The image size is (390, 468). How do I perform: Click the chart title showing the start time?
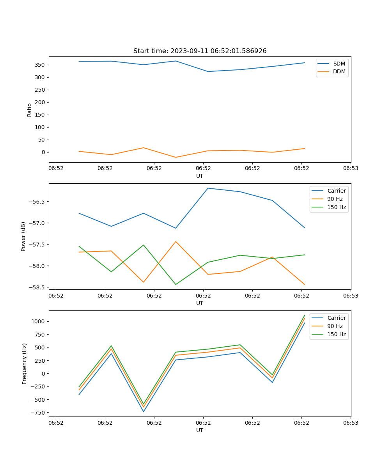(x=200, y=51)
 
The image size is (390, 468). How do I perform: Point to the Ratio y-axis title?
(x=30, y=110)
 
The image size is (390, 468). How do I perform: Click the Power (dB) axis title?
(x=23, y=236)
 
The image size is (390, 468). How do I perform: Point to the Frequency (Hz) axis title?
(x=25, y=363)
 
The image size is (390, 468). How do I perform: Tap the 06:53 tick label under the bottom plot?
(x=350, y=422)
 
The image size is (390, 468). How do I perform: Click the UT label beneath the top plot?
(x=200, y=176)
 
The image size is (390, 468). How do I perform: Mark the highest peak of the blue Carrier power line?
(x=208, y=188)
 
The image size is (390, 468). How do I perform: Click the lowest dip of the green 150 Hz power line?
(x=176, y=284)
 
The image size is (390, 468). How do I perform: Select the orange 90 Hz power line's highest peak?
(x=176, y=241)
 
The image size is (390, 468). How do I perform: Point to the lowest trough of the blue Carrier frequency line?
(x=144, y=411)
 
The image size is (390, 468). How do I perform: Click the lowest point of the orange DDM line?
(x=176, y=157)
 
